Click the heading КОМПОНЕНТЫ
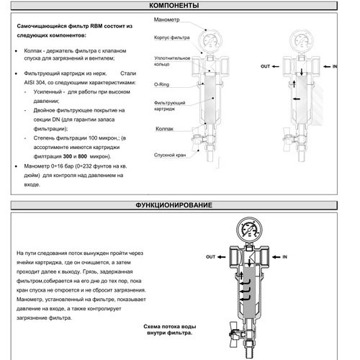pos(174,6)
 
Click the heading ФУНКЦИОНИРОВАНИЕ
pos(174,205)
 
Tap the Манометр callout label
pos(166,19)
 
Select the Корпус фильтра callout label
pos(172,37)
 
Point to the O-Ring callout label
pos(161,84)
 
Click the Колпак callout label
pos(164,129)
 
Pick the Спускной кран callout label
pos(170,155)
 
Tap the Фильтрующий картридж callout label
pos(170,106)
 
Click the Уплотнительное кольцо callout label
pos(172,61)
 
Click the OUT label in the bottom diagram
pos(210,257)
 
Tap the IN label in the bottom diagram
pos(284,257)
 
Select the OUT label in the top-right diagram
pos(266,66)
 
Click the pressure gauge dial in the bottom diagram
pos(249,230)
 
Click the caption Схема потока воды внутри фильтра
pos(170,330)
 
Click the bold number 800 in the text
pos(82,156)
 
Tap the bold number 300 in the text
pos(68,156)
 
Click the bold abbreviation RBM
pos(96,26)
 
